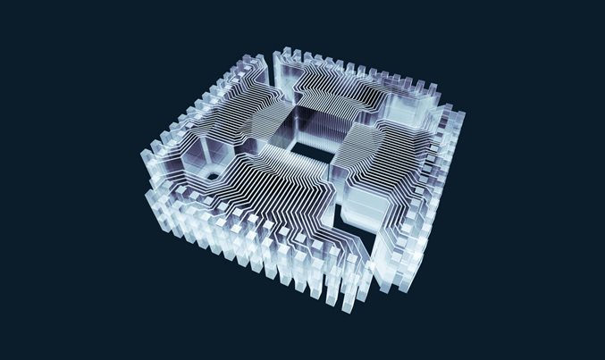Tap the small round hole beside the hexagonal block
point(211,176)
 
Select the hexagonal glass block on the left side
point(192,162)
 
